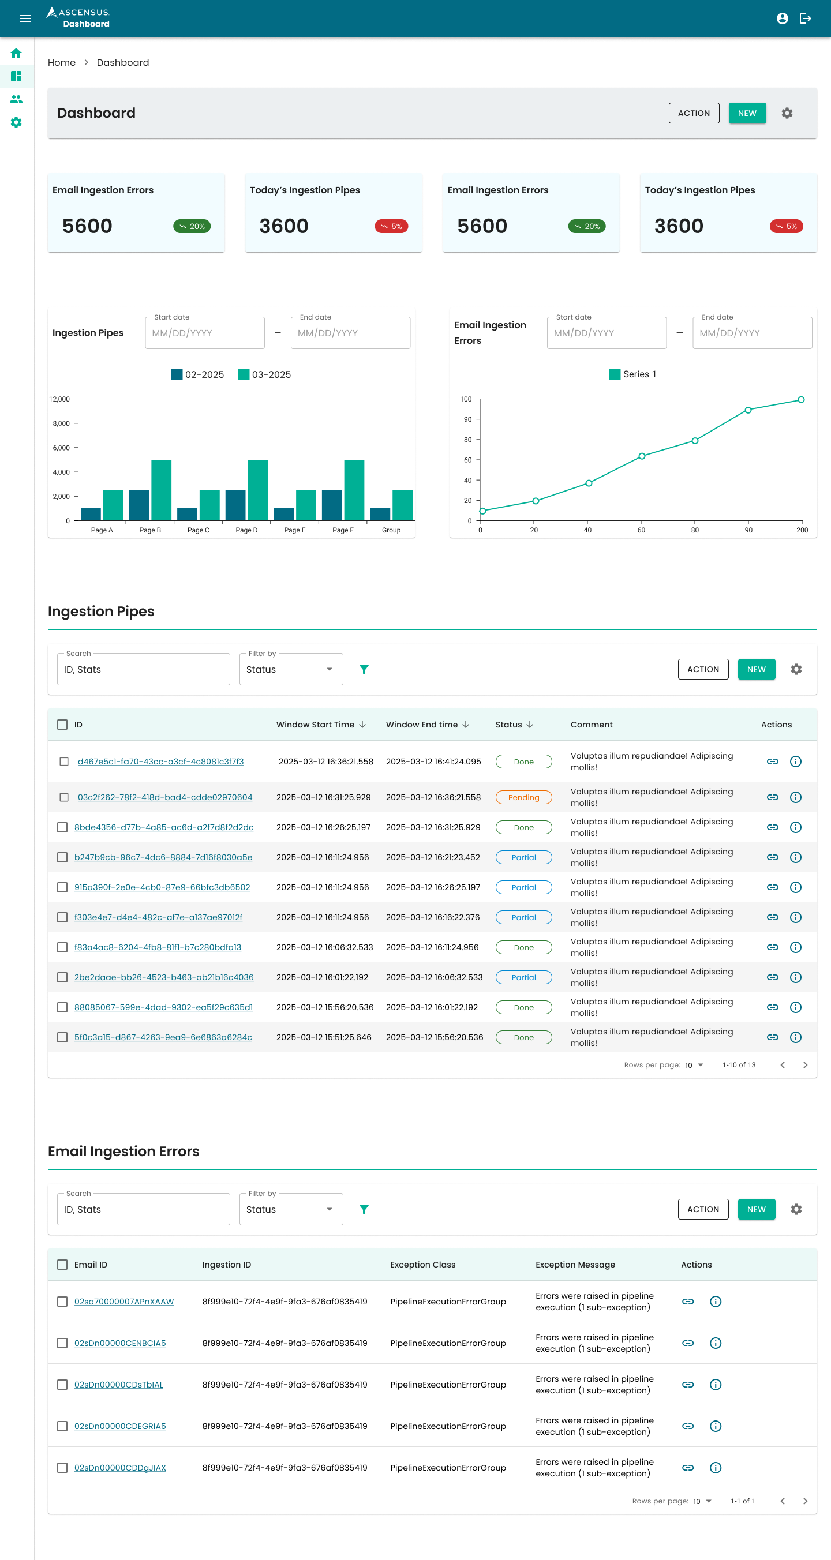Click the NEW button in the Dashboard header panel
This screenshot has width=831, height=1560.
point(746,113)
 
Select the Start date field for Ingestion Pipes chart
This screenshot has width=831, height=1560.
point(205,333)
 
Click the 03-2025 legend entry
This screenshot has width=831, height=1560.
point(265,375)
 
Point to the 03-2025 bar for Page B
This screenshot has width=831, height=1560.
point(161,489)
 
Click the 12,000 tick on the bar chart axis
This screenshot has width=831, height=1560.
point(60,399)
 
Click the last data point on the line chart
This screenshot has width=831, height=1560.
point(801,400)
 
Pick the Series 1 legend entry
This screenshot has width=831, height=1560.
point(632,374)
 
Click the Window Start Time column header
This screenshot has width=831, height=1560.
point(316,724)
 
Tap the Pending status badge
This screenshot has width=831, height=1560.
point(523,797)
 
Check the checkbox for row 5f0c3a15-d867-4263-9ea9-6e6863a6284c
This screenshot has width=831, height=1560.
point(62,1037)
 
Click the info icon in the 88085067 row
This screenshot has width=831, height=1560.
point(795,1007)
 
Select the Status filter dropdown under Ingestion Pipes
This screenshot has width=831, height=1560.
point(291,669)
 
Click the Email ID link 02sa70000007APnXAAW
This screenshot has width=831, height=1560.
point(124,1302)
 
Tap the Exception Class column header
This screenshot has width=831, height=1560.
point(423,1265)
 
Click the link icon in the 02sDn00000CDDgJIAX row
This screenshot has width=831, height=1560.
point(687,1467)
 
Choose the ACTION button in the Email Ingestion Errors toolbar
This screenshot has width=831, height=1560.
point(702,1209)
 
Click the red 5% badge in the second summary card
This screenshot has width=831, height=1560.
point(391,227)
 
